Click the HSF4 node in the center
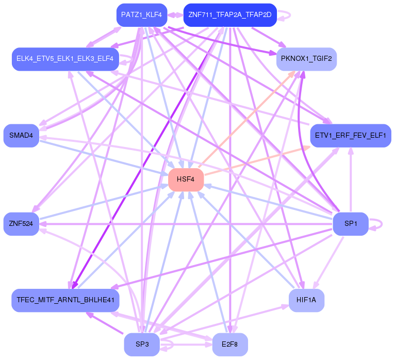tap(186, 179)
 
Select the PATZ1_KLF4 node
tap(141, 15)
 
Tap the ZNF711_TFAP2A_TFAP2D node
tap(230, 15)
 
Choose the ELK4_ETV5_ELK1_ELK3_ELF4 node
tap(65, 59)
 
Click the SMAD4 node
tap(21, 136)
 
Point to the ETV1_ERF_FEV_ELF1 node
tap(350, 136)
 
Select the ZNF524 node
tap(21, 224)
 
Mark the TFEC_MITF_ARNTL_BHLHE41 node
tap(65, 300)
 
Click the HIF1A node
tap(306, 300)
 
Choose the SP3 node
tap(142, 345)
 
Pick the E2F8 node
tap(230, 345)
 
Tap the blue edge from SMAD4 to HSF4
tap(103, 157)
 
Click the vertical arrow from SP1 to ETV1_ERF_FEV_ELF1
tap(351, 181)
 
